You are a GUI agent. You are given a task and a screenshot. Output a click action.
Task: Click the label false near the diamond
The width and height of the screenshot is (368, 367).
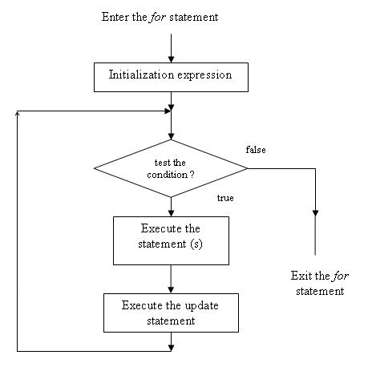tap(256, 150)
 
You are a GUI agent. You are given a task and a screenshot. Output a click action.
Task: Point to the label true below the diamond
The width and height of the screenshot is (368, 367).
tap(225, 198)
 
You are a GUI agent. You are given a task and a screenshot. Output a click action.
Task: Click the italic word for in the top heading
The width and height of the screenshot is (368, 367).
tap(158, 18)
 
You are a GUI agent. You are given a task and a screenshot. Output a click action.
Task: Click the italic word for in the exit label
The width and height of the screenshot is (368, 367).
tap(340, 276)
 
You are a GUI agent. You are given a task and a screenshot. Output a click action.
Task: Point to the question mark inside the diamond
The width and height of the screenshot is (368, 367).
tap(192, 175)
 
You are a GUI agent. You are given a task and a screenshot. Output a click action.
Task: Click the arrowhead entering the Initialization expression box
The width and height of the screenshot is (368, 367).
tap(171, 59)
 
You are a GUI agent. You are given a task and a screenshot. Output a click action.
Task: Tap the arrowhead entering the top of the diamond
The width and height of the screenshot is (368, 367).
tap(171, 136)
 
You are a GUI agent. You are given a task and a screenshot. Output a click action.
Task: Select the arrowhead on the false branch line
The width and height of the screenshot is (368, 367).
tap(315, 213)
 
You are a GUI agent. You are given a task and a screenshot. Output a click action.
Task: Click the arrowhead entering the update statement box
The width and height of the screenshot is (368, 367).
tap(171, 290)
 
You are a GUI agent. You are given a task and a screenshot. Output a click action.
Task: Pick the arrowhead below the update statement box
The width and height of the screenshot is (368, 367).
tap(171, 348)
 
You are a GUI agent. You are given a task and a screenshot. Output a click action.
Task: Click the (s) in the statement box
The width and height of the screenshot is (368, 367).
tap(196, 244)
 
